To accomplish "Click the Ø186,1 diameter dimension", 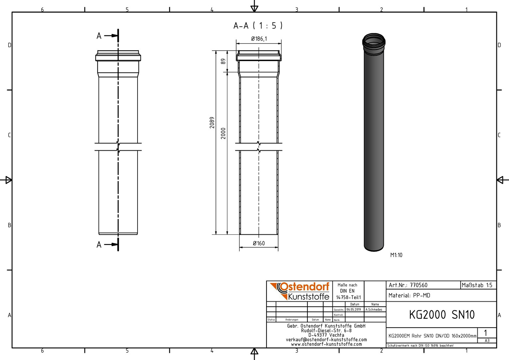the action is pos(259,39).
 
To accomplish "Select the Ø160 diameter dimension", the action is pos(259,243).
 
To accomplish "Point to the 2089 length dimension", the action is pos(212,123).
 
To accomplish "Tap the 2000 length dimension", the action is pos(224,133).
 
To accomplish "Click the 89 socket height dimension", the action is pos(224,61).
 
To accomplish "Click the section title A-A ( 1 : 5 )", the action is pos(258,25).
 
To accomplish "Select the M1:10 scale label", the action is pos(396,255).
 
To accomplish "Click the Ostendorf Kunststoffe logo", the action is pos(299,291).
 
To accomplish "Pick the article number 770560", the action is pos(419,285).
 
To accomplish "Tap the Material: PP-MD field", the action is pos(409,295).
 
